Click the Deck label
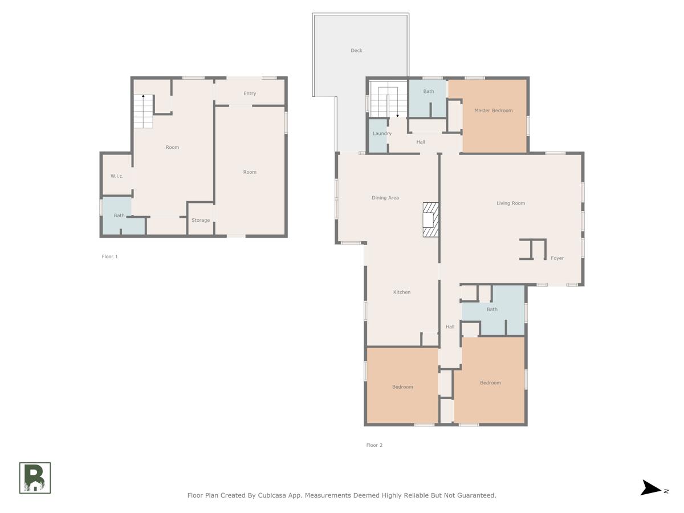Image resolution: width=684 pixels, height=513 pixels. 356,51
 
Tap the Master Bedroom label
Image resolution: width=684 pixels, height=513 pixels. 493,111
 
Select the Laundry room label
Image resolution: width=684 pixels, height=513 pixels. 382,133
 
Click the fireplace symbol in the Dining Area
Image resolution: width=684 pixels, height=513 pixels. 430,219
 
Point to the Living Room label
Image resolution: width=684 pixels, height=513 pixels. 510,203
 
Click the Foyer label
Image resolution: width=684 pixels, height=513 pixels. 557,258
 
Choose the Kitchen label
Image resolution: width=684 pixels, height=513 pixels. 401,292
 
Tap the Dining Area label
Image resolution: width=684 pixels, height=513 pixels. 385,198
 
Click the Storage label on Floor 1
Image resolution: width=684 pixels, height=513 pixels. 200,220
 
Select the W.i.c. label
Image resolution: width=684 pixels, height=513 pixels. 117,176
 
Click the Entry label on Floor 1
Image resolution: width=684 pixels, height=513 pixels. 250,93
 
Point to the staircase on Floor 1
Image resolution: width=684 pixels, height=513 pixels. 143,112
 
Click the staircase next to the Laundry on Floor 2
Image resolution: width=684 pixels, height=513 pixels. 388,99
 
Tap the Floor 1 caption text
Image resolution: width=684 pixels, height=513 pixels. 109,256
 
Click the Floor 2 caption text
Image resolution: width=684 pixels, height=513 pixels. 374,445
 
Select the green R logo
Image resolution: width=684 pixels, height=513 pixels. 35,478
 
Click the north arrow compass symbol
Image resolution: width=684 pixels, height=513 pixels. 653,488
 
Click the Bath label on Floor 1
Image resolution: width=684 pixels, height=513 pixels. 119,215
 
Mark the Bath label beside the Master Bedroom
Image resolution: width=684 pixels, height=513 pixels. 428,91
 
